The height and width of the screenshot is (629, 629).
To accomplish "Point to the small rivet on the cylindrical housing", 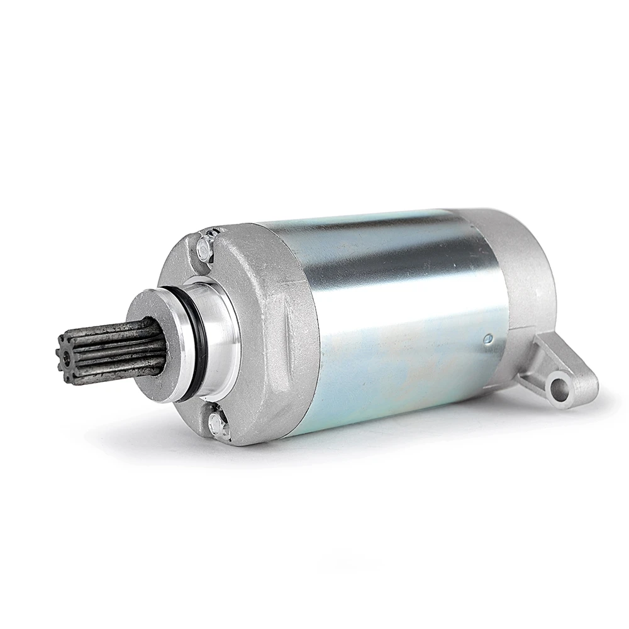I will click(x=487, y=338).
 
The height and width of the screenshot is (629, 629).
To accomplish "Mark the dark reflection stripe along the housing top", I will click(x=390, y=252).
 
